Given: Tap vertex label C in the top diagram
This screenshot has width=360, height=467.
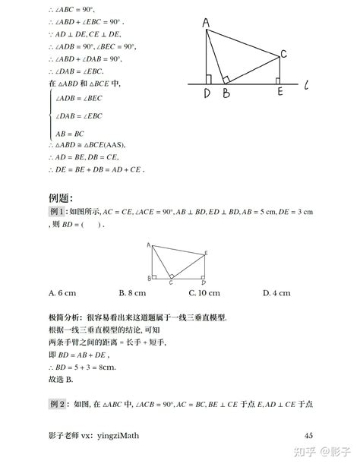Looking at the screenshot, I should (x=283, y=54).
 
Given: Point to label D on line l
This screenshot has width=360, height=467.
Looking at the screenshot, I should (x=206, y=94).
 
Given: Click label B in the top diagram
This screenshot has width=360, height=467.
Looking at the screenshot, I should (x=225, y=94).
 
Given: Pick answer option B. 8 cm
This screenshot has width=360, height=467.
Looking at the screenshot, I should (x=133, y=292).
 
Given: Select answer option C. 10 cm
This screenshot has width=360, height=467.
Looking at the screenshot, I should (x=205, y=292).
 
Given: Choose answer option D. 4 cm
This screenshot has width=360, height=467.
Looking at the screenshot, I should (x=276, y=292).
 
